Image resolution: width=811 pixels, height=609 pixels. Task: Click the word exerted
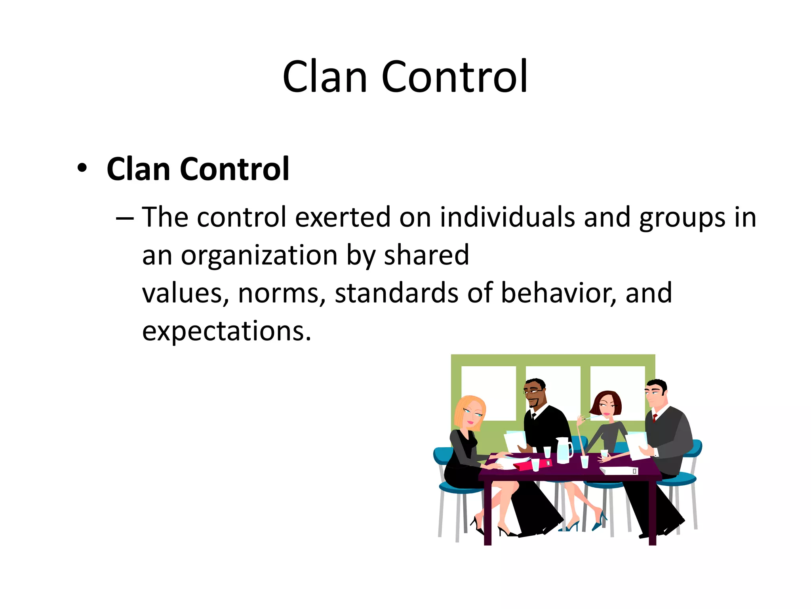click(x=343, y=217)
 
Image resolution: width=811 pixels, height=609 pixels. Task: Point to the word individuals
click(x=507, y=217)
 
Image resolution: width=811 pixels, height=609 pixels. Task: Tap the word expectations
click(x=227, y=331)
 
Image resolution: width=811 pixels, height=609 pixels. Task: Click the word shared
click(x=426, y=255)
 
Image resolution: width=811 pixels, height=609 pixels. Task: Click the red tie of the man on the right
click(x=655, y=417)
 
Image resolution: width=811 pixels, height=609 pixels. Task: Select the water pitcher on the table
click(x=563, y=450)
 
